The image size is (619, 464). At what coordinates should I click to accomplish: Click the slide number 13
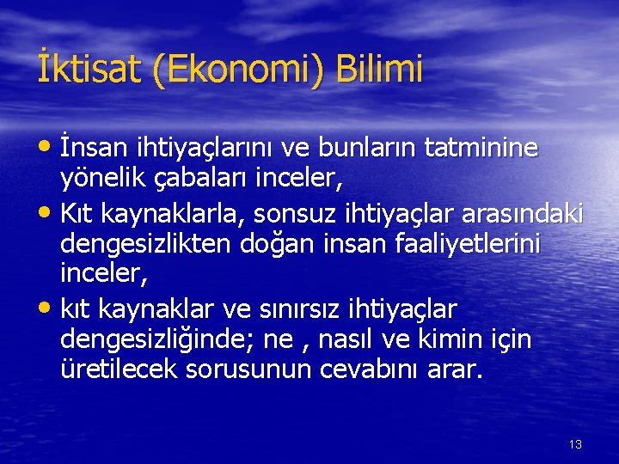(x=575, y=444)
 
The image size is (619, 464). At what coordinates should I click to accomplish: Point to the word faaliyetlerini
(x=469, y=245)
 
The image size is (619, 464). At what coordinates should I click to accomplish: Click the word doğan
(x=282, y=246)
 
